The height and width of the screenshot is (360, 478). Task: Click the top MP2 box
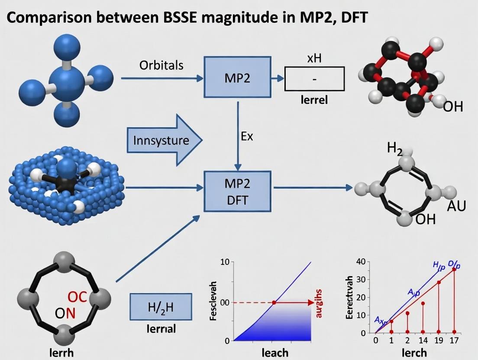238,78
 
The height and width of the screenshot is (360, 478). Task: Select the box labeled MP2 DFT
238,191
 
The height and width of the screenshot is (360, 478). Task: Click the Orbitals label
161,65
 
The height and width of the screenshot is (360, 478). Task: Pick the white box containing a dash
314,79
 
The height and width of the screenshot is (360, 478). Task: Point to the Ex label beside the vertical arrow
246,136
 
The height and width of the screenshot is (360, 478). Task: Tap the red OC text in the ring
78,297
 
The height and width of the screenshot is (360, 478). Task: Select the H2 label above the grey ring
395,150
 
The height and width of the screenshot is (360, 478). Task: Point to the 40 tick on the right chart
361,262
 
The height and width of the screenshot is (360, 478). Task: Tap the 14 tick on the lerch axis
423,340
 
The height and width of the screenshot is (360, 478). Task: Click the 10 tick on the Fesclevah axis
224,262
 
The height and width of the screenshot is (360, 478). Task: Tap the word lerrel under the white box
314,100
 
